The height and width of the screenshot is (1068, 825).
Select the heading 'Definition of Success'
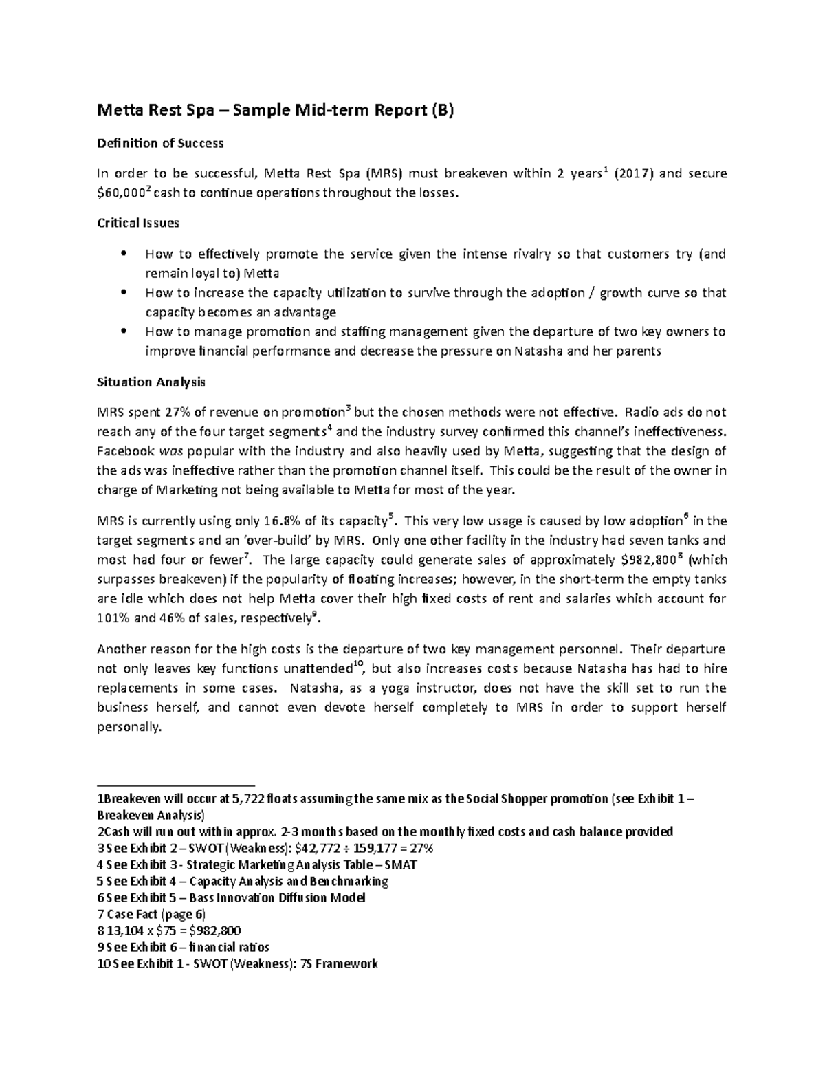coord(160,144)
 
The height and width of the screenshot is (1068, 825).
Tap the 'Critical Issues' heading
coord(138,223)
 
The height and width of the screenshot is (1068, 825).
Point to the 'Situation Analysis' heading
coord(151,382)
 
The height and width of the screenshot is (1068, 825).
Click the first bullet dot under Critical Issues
coord(123,253)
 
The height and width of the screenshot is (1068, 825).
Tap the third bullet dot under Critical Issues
coord(123,331)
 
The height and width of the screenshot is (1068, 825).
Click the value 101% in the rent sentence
coord(113,618)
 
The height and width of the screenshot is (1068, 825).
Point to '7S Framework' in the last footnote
coord(340,964)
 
